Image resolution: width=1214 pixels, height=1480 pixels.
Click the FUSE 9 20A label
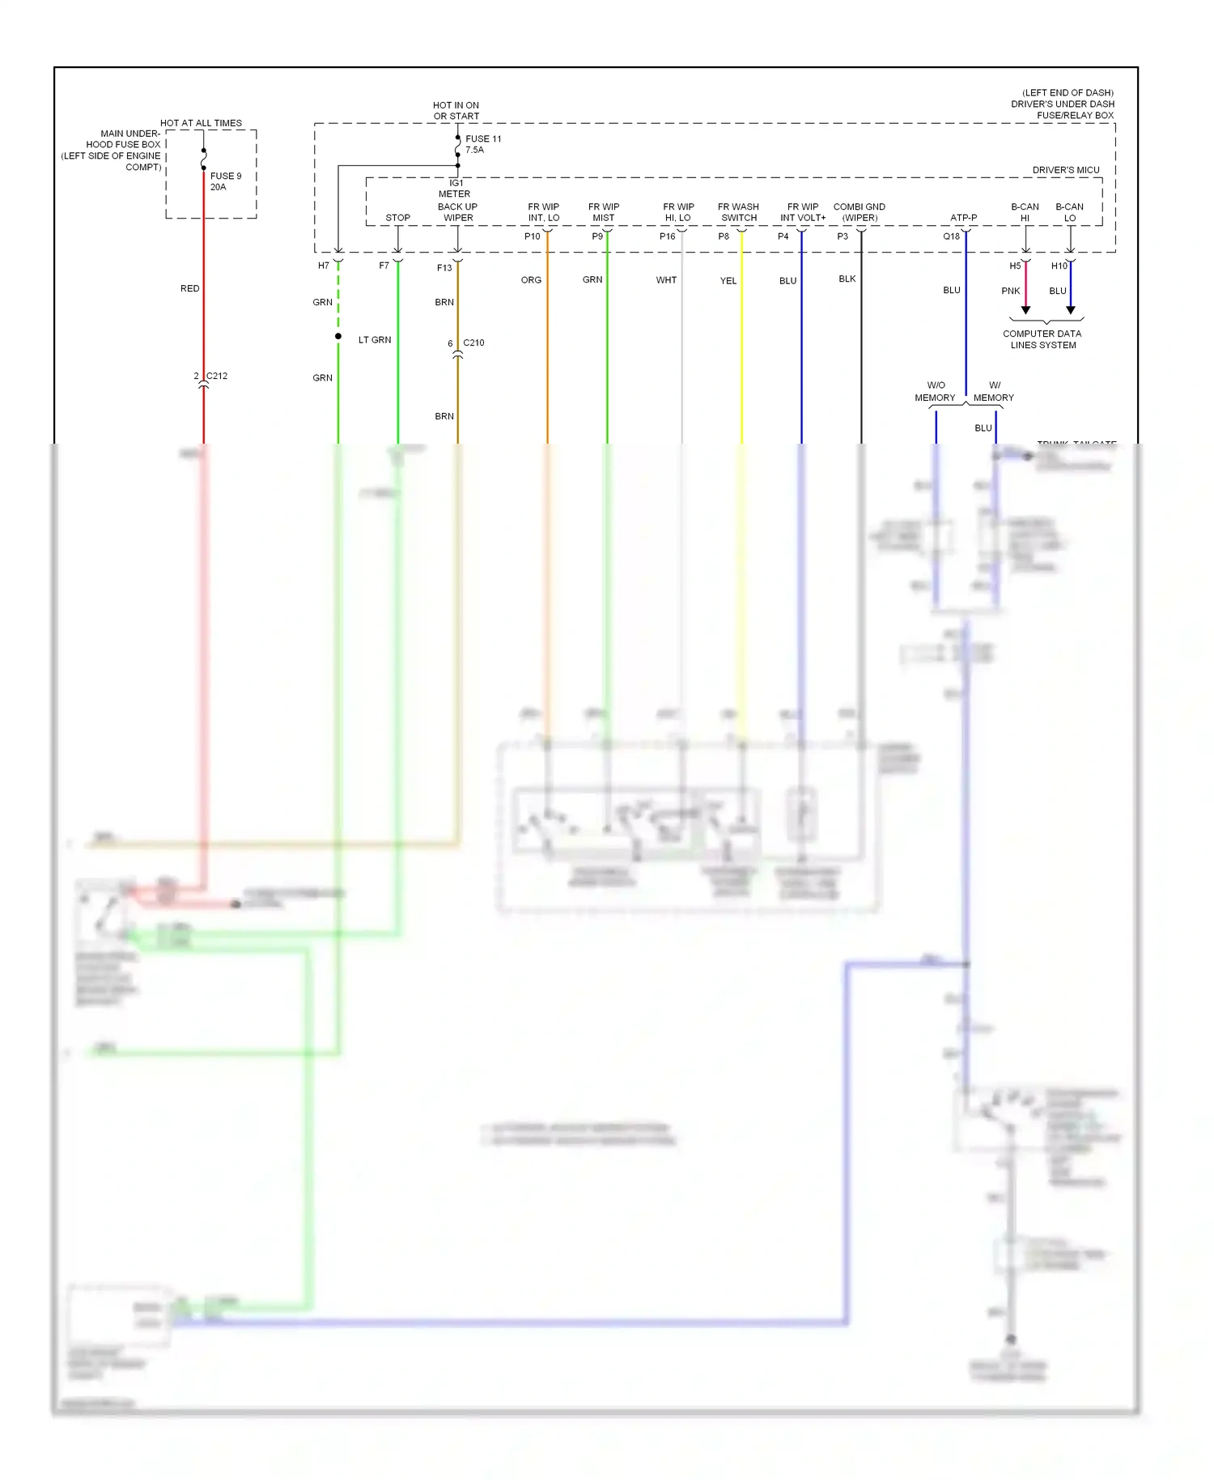[225, 181]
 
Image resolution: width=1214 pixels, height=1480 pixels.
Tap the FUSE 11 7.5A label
[482, 144]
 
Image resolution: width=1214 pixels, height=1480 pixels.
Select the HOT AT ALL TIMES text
[201, 123]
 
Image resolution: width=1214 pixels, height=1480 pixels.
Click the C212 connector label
[216, 376]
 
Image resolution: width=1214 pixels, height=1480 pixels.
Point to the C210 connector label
[473, 342]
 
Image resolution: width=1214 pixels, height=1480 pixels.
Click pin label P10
[532, 236]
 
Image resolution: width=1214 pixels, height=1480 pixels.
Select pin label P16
[667, 236]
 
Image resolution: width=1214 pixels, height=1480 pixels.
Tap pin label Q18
[951, 236]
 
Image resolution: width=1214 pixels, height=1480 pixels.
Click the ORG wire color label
[531, 280]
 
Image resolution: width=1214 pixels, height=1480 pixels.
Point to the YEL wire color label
[728, 281]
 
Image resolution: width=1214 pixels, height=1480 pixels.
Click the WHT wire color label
[666, 280]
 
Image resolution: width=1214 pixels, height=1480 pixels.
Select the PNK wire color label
[1010, 291]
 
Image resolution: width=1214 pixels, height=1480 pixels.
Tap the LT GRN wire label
[375, 340]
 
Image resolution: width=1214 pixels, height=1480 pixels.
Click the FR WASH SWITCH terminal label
[738, 212]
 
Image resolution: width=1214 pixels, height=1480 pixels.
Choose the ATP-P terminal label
[963, 218]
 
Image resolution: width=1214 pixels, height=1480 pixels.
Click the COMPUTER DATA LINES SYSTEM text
[1042, 339]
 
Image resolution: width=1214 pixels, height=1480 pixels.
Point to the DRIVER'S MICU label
[1065, 170]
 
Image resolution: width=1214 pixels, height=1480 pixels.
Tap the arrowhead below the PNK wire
[1025, 310]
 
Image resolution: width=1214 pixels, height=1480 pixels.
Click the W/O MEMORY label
[935, 391]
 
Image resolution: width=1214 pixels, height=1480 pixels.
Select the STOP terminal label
[397, 218]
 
